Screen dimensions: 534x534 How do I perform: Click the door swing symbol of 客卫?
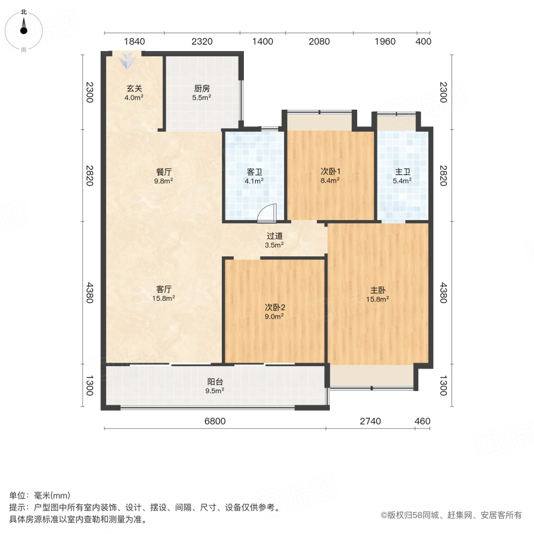coord(268,213)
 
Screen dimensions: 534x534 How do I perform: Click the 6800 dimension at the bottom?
coord(215,421)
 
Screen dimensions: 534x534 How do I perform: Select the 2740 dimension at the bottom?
coord(370,421)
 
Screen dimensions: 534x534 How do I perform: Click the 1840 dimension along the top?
coord(134,42)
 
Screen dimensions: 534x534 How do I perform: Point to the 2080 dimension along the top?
coord(319,42)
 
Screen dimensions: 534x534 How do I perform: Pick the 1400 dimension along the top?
coord(262,42)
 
